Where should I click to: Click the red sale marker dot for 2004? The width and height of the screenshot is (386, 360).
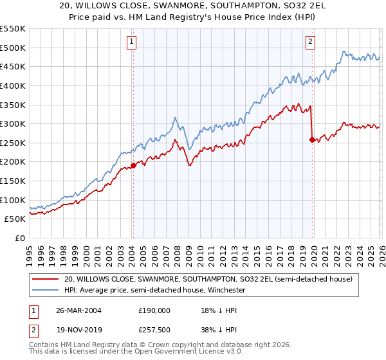(133, 165)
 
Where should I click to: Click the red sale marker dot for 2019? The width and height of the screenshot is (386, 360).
(312, 139)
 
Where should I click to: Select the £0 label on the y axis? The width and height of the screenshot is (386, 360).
(21, 238)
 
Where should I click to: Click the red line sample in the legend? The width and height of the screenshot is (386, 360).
(45, 280)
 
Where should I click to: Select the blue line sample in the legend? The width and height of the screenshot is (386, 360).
(45, 291)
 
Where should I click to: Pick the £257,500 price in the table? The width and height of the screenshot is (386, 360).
(154, 330)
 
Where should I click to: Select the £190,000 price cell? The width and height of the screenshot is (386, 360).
(154, 310)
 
